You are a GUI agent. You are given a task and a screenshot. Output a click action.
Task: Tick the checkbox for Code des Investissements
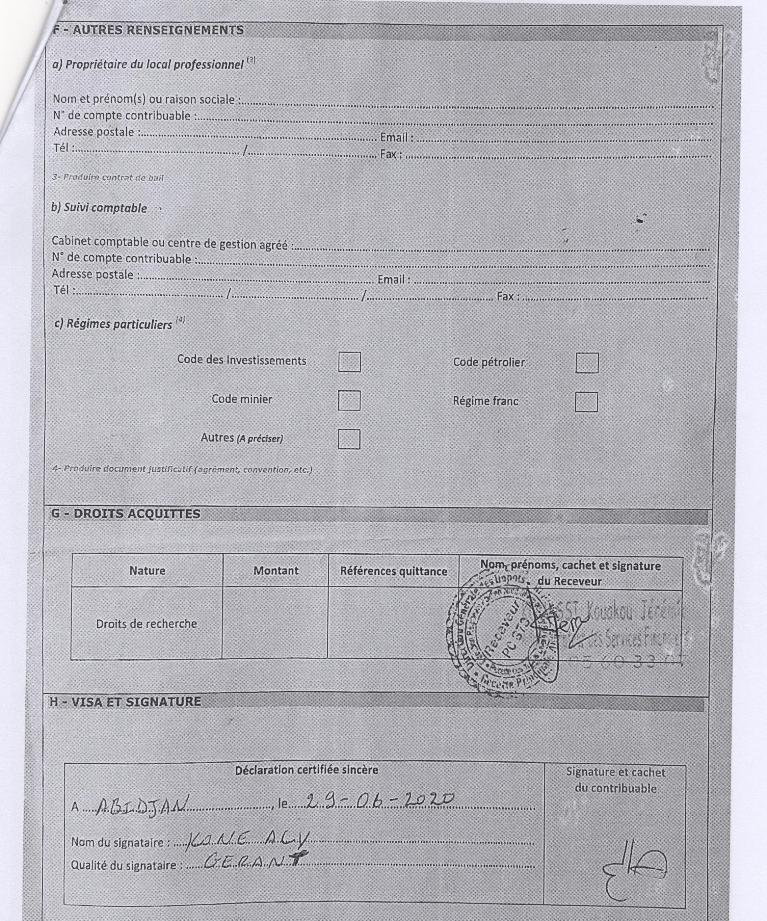click(349, 362)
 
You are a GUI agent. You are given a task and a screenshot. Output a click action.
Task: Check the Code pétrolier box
click(587, 363)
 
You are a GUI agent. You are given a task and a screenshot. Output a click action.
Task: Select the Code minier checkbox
click(349, 400)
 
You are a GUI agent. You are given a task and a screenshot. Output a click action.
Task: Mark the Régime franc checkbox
click(586, 402)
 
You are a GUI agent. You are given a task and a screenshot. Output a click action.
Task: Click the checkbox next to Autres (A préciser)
click(349, 439)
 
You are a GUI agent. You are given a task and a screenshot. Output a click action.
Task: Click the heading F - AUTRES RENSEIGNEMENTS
click(148, 30)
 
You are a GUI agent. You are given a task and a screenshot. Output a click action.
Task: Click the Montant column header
click(276, 571)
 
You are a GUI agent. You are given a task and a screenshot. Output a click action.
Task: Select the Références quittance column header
click(393, 572)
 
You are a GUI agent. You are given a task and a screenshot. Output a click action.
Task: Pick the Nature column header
click(147, 571)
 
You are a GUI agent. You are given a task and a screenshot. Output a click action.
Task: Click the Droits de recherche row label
click(147, 624)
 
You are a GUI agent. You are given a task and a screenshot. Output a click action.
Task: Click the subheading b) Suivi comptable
click(100, 208)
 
